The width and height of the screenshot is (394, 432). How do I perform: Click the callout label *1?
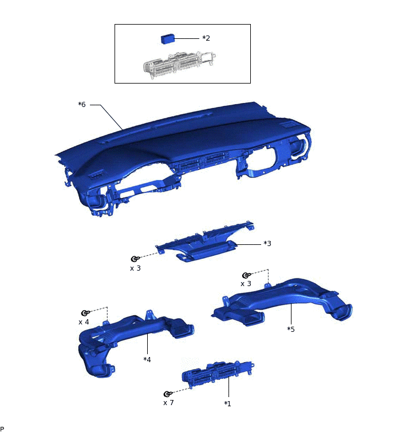227,403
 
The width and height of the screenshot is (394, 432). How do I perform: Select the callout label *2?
206,38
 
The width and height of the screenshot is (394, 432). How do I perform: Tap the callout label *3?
267,244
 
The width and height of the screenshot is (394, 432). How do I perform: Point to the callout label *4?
147,359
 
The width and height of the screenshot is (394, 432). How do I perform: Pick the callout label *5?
290,330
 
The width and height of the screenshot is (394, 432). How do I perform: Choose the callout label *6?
82,105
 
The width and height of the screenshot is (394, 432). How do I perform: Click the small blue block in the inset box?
168,39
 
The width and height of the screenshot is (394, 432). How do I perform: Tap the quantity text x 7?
168,403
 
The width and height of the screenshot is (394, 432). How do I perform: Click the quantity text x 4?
84,322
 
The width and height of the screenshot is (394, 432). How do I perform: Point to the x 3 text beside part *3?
135,268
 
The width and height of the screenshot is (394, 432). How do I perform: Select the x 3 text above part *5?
246,284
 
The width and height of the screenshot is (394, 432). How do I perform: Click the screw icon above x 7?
168,394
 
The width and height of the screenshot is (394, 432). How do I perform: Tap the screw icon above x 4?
85,313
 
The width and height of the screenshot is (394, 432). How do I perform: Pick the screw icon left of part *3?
135,259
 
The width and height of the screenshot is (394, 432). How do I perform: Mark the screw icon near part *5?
246,275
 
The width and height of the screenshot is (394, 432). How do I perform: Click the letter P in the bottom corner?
2,429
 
